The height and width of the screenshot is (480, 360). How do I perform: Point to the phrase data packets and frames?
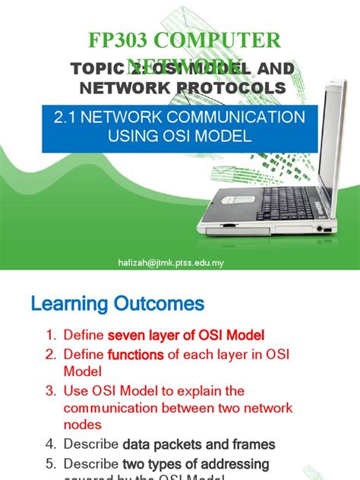199,444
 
